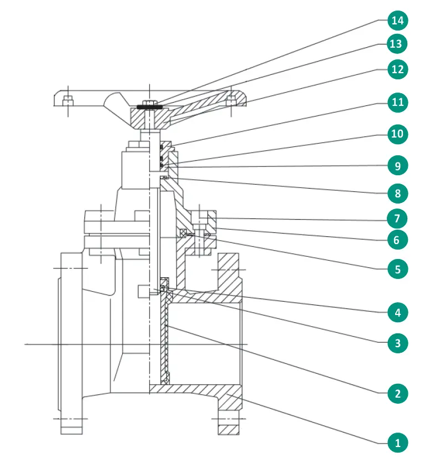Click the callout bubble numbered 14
pyautogui.click(x=397, y=22)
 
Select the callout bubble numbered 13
pyautogui.click(x=397, y=43)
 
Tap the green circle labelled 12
pyautogui.click(x=397, y=70)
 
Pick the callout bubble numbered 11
pyautogui.click(x=397, y=103)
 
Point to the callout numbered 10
pyautogui.click(x=397, y=134)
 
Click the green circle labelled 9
pyautogui.click(x=397, y=165)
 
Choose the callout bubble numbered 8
pyautogui.click(x=397, y=194)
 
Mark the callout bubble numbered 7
pyautogui.click(x=397, y=218)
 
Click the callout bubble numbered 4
pyautogui.click(x=397, y=312)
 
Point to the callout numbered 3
pyautogui.click(x=397, y=343)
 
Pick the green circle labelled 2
pyautogui.click(x=397, y=394)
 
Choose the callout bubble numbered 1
pyautogui.click(x=397, y=443)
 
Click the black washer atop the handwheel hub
pyautogui.click(x=150, y=106)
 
